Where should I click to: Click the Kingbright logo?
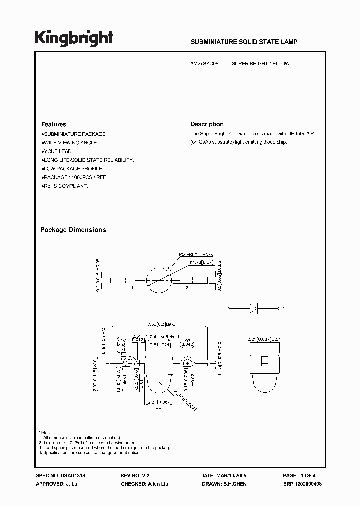(74, 38)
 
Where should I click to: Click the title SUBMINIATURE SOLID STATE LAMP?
(244, 42)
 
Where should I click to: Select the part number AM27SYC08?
(205, 64)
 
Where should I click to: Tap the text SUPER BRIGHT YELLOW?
(260, 64)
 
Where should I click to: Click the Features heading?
(53, 124)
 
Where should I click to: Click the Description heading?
(207, 124)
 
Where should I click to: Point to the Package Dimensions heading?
(73, 230)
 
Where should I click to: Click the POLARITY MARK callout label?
(192, 254)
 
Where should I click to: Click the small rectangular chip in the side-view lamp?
(265, 360)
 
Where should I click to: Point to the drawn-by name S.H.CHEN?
(235, 484)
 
